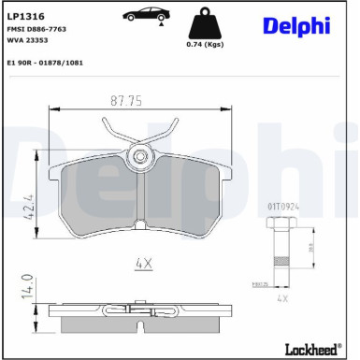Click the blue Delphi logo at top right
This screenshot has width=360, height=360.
pyautogui.click(x=296, y=25)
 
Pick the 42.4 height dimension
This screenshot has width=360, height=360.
pyautogui.click(x=31, y=202)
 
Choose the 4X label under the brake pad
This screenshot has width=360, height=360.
pyautogui.click(x=142, y=265)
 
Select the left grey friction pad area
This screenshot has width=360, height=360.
pyautogui.click(x=98, y=201)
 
